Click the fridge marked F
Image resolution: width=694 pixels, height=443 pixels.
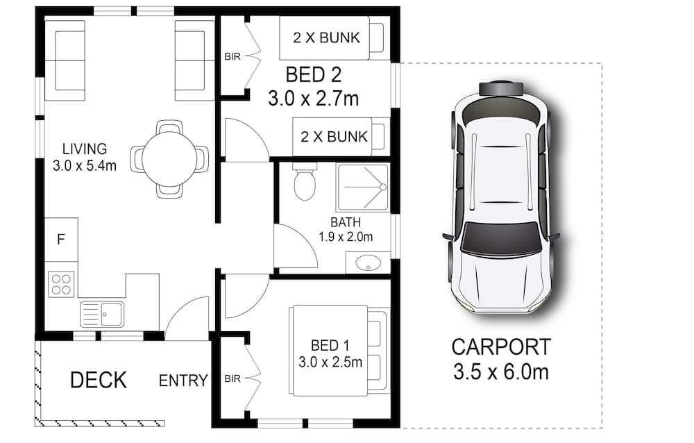click(62, 240)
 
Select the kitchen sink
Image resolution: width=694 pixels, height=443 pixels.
click(101, 314)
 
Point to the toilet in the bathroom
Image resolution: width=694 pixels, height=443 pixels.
click(304, 183)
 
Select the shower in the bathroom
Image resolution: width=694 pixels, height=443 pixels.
click(362, 187)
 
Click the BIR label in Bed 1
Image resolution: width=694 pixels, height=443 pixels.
click(232, 379)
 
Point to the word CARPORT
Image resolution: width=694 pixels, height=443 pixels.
click(501, 346)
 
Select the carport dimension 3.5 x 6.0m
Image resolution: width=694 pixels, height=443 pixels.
click(501, 371)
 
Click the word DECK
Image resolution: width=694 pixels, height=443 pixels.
click(99, 380)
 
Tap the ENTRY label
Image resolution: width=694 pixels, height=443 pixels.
click(183, 381)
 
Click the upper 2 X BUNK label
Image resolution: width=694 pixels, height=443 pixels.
click(326, 37)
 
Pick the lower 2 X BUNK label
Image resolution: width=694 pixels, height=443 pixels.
click(334, 136)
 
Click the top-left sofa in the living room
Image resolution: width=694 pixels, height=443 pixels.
click(65, 60)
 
